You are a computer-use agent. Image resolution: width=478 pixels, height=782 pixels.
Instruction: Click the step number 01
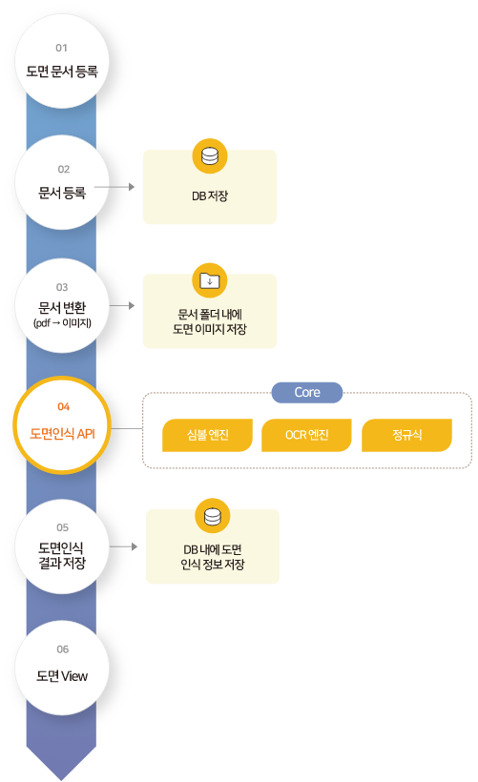[x=61, y=48]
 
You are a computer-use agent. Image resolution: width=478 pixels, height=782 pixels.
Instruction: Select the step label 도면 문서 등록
[x=62, y=72]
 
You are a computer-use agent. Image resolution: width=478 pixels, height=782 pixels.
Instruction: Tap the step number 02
[x=63, y=169]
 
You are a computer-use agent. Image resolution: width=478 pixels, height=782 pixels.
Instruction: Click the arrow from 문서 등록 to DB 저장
[x=114, y=187]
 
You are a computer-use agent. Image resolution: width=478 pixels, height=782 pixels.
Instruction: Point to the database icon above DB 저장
[x=210, y=156]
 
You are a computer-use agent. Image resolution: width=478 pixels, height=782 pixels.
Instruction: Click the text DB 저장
[x=210, y=195]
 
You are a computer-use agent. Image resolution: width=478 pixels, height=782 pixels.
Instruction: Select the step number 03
[x=62, y=287]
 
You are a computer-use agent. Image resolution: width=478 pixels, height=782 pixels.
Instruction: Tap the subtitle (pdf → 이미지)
[x=62, y=323]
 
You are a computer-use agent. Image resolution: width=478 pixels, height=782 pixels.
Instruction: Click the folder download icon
[x=210, y=280]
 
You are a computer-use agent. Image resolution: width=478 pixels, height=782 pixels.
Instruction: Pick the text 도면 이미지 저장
[x=210, y=329]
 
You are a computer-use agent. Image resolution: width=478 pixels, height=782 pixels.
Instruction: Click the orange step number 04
[x=63, y=406]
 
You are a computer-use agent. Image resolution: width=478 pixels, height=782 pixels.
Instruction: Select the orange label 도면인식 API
[x=62, y=433]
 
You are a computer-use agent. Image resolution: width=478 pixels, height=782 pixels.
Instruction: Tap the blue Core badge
[x=307, y=393]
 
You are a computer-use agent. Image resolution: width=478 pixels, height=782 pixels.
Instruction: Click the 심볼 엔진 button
[x=208, y=435]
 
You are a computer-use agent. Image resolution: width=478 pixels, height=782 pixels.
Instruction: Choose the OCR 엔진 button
[x=307, y=435]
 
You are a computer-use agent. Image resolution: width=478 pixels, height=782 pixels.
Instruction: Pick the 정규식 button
[x=406, y=435]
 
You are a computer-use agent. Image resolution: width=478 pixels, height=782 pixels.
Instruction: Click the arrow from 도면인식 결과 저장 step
[x=123, y=546]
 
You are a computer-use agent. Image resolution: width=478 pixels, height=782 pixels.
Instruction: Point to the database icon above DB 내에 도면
[x=213, y=516]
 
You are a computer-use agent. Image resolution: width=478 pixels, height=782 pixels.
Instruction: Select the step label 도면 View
[x=62, y=676]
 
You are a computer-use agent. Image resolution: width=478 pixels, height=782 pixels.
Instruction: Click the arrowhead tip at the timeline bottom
[x=61, y=780]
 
